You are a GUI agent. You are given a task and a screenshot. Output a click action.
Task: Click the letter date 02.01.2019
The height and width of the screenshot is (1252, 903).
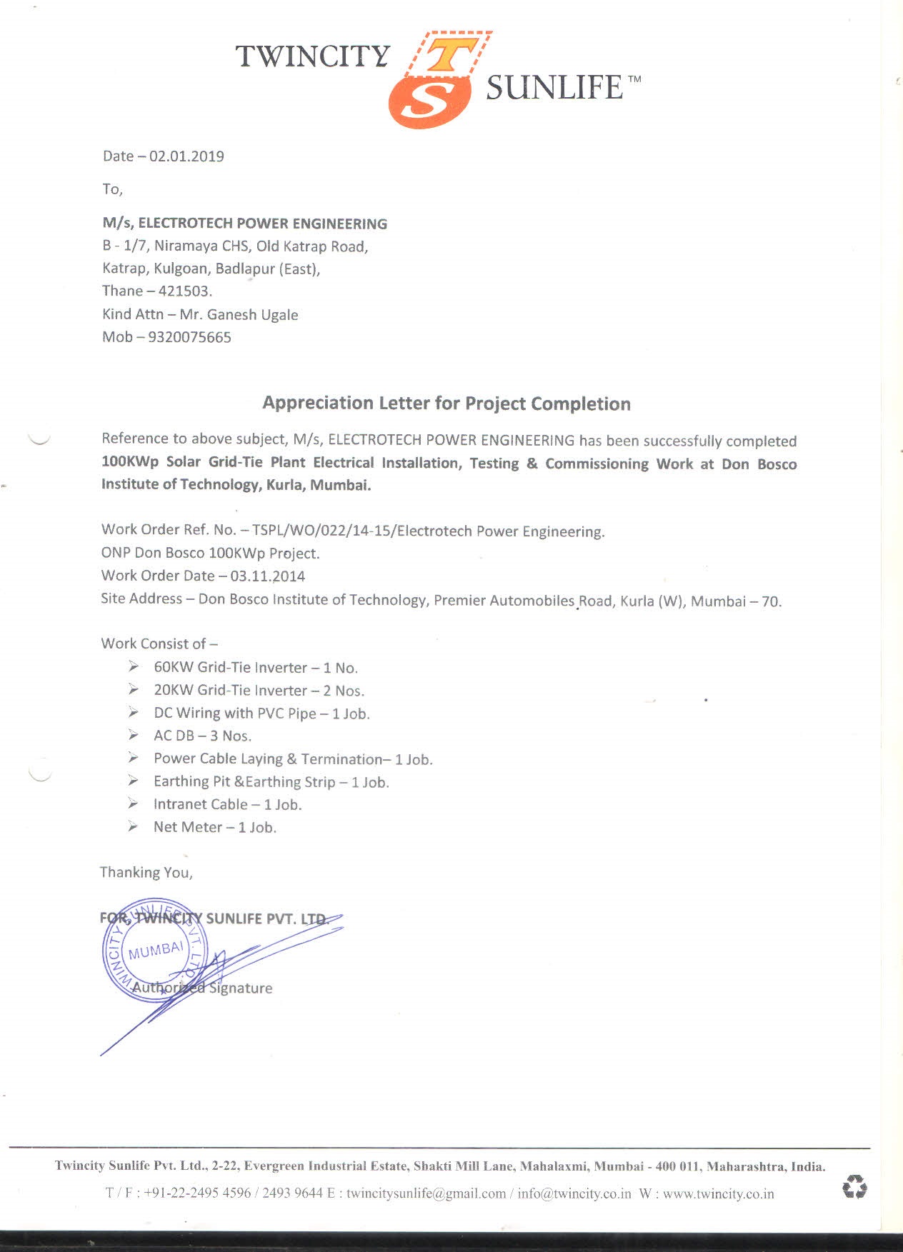pos(186,156)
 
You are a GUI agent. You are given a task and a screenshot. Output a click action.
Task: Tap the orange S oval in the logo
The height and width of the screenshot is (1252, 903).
pos(429,102)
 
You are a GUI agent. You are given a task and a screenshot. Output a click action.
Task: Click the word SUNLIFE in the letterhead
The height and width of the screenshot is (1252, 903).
pos(554,88)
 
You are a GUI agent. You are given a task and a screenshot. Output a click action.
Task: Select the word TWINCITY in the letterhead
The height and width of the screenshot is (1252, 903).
pos(313,56)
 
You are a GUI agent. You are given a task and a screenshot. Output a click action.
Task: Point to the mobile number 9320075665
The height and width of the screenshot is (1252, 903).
pos(189,337)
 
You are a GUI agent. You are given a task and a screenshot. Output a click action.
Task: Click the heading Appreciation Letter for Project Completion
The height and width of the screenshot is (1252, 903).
pos(446,404)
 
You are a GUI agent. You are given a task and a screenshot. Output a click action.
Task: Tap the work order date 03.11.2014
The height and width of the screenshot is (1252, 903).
pos(267,576)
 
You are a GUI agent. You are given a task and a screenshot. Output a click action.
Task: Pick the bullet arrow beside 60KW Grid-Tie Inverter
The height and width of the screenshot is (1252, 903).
pos(134,667)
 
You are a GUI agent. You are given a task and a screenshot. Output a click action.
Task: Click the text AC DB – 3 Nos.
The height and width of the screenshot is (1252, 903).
pos(202,736)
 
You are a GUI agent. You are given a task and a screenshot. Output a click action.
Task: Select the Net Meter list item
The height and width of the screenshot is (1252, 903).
pos(214,827)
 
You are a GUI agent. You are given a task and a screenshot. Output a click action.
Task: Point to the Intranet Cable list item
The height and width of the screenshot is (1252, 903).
pos(227,804)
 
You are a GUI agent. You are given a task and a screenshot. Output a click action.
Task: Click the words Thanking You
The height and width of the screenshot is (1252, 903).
pos(146,872)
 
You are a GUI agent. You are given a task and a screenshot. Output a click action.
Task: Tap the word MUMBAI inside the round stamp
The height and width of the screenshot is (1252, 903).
pos(156,951)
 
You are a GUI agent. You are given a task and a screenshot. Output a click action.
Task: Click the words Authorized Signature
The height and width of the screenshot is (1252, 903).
pos(202,988)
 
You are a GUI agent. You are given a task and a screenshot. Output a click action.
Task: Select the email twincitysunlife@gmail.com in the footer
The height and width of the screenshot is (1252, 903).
pos(426,1193)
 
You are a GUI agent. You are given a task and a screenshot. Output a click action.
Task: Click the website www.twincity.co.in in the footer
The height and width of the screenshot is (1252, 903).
pos(718,1193)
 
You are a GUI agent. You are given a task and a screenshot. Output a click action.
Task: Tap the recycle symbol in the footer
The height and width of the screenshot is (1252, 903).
pos(854,1187)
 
